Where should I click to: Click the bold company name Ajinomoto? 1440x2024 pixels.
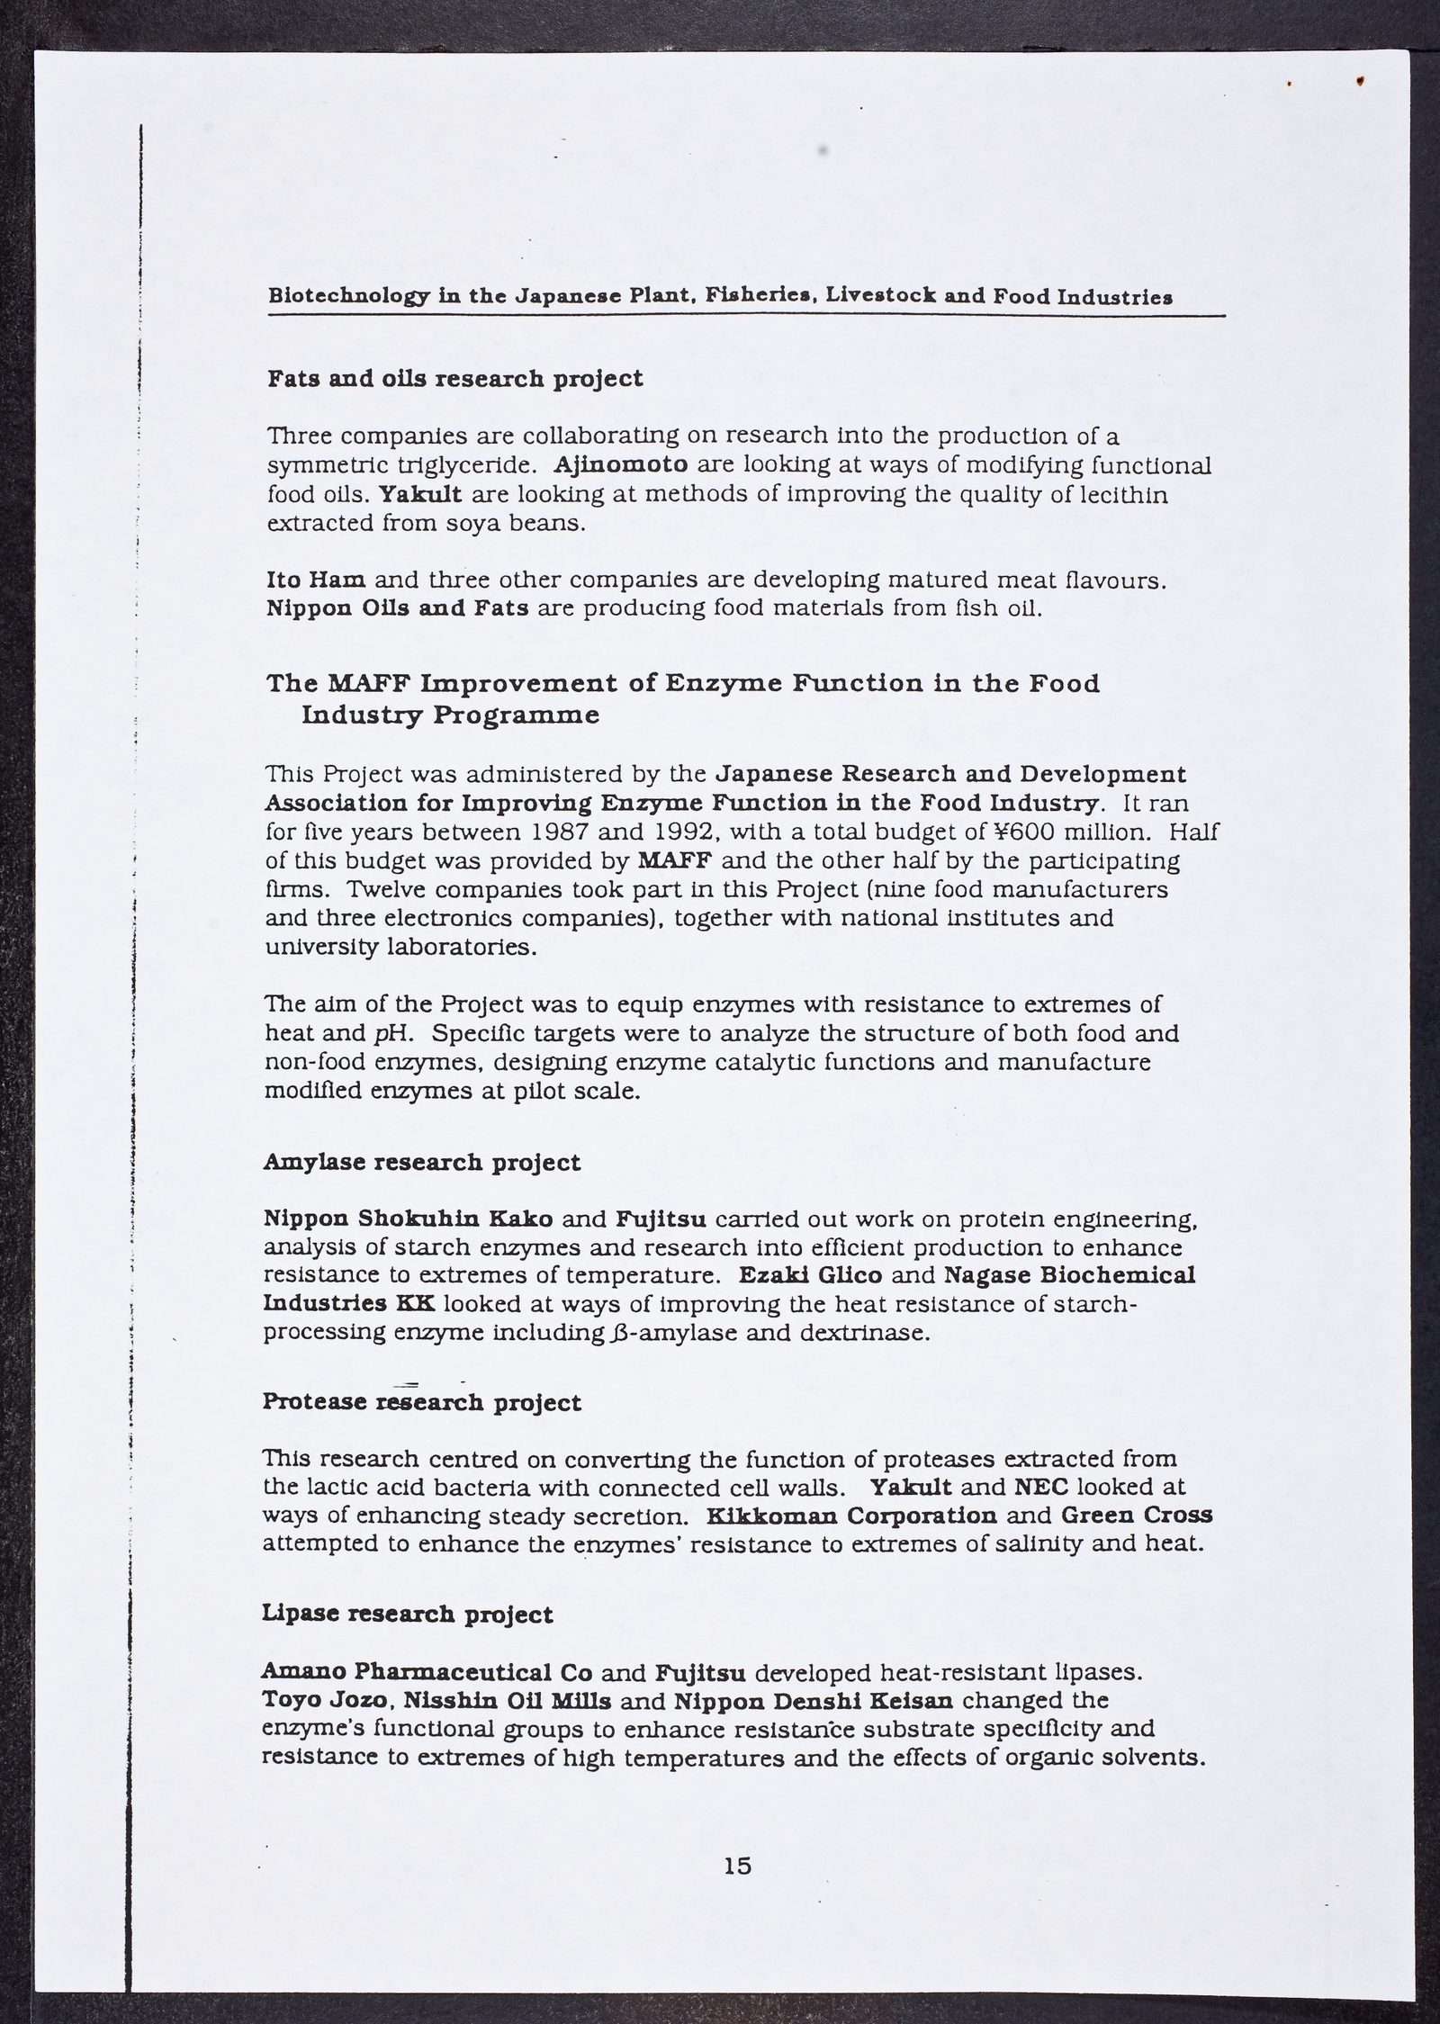(x=621, y=465)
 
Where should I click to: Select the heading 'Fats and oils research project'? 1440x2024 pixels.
(x=455, y=379)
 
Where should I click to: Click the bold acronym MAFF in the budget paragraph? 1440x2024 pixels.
(x=673, y=860)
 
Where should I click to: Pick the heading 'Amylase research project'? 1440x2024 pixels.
(x=422, y=1163)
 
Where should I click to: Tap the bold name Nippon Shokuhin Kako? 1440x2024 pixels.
(x=409, y=1219)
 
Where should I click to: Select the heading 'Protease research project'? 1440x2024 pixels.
(x=422, y=1402)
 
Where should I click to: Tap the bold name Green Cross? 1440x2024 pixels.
(x=1137, y=1516)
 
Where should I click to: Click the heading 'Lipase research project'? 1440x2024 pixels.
(x=408, y=1615)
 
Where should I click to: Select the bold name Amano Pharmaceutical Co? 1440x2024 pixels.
(x=427, y=1672)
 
